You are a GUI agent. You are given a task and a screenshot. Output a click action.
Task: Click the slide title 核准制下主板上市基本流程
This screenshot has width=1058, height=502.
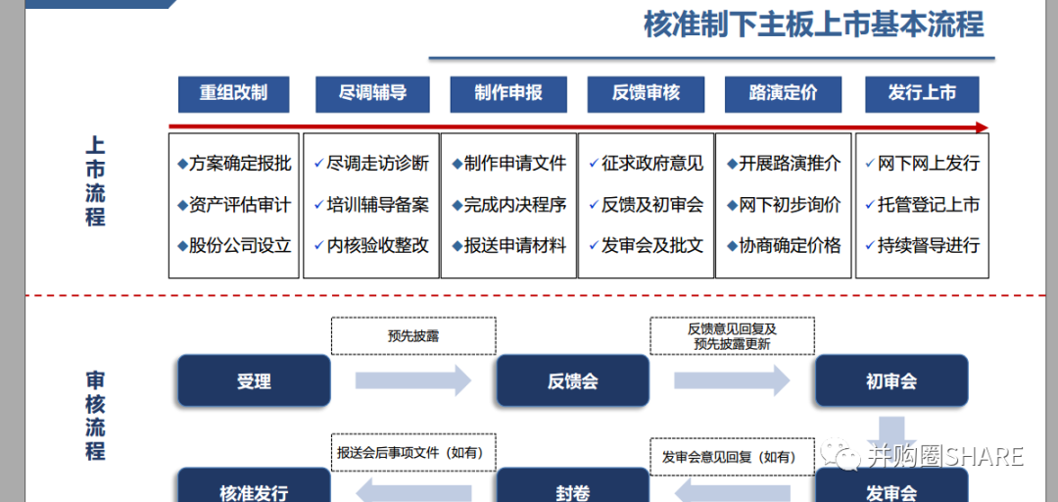point(813,25)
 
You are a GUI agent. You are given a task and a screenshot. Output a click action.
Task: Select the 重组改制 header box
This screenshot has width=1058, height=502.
point(233,94)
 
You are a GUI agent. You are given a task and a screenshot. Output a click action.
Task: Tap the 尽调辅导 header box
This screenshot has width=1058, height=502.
point(372,94)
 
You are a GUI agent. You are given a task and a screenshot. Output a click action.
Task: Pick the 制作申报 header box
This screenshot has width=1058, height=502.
point(508,94)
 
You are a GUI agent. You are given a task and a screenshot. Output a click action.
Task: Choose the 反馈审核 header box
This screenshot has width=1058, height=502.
point(646,94)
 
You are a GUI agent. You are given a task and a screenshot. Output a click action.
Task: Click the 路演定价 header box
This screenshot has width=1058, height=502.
point(783,94)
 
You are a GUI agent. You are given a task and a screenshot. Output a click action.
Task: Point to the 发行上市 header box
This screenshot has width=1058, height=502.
point(922,94)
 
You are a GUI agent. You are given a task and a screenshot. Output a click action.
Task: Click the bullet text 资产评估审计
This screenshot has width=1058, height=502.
point(240,205)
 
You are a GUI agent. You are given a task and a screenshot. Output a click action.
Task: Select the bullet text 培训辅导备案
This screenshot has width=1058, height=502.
point(377,205)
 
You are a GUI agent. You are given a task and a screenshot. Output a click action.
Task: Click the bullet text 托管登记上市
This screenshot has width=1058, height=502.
point(928,205)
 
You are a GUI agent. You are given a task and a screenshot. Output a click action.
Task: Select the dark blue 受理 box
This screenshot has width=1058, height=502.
point(254,381)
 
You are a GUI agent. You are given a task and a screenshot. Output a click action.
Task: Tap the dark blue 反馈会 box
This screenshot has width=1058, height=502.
point(572,381)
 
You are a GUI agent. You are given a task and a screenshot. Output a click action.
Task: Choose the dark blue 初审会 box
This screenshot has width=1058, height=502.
point(891,381)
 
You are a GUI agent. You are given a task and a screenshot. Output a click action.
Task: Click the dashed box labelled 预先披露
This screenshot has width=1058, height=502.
point(413,335)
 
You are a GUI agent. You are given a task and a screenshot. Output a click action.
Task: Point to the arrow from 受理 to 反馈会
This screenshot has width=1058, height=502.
point(412,380)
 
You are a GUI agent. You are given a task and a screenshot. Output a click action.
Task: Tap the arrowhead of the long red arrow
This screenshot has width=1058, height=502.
point(982,127)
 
